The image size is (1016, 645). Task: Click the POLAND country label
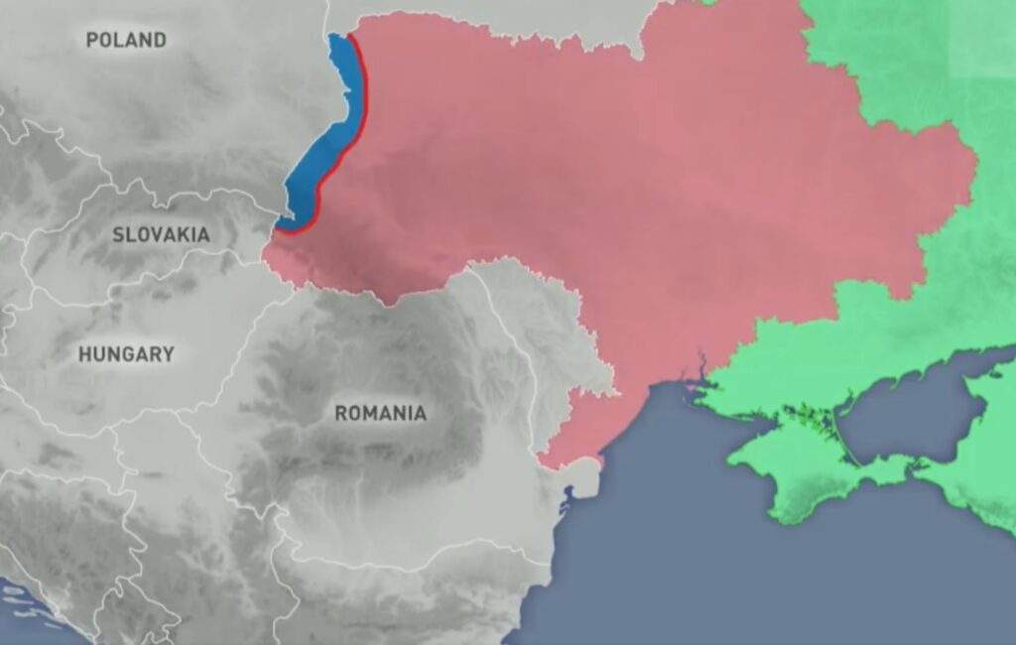click(x=126, y=40)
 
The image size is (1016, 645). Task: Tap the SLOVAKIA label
click(x=161, y=235)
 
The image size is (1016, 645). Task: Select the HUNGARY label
click(x=126, y=354)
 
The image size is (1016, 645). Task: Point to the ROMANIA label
click(x=380, y=413)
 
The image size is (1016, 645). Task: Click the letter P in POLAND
click(x=92, y=40)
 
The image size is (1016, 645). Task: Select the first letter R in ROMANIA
click(x=340, y=413)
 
